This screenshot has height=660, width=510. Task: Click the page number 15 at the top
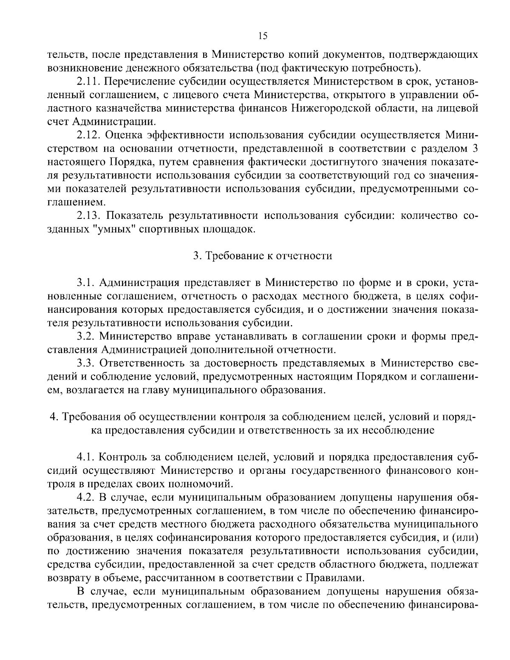click(263, 36)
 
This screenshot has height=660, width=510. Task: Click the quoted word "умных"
click(111, 229)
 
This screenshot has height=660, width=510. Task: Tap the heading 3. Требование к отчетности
click(263, 256)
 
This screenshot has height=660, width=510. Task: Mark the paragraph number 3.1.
click(86, 283)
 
